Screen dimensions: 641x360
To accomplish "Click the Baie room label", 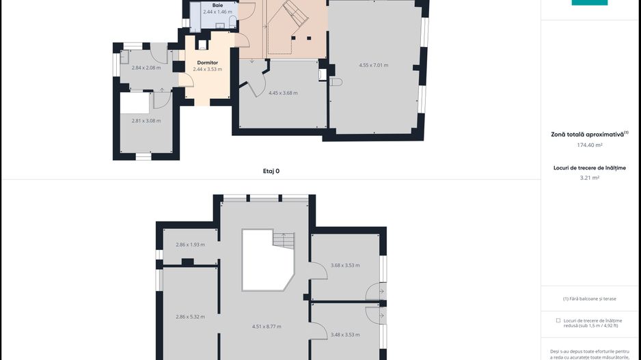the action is coord(217,5).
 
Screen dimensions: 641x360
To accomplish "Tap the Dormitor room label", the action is coord(208,63).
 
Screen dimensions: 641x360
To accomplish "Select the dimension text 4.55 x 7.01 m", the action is coord(374,66).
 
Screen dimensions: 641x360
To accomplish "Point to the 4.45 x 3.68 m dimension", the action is coord(283,93).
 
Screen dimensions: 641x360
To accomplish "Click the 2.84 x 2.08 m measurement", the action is coord(146,68).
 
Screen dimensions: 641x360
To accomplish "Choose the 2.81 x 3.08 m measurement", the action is coord(146,121).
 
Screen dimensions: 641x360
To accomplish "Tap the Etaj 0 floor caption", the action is coord(271,171).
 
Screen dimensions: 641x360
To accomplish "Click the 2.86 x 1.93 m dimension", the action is coord(191,245).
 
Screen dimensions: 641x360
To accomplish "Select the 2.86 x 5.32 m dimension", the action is coord(191,317).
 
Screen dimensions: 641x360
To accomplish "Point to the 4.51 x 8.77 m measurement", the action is coord(267,327).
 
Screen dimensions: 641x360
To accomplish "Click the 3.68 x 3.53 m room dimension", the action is coord(345,265).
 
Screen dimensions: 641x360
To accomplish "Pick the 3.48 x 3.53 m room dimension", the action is coord(345,335).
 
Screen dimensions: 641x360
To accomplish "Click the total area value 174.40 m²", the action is coord(590,145).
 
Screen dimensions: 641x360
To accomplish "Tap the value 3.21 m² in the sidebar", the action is coord(590,178).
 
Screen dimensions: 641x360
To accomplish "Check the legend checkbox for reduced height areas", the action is coord(558,321).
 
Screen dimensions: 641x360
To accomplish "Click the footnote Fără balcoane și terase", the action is coord(590,299).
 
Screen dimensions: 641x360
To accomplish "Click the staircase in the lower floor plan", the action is coord(284,240).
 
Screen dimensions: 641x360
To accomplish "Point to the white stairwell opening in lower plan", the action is coord(268,260).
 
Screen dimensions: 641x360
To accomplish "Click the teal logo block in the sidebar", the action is coord(590,3).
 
